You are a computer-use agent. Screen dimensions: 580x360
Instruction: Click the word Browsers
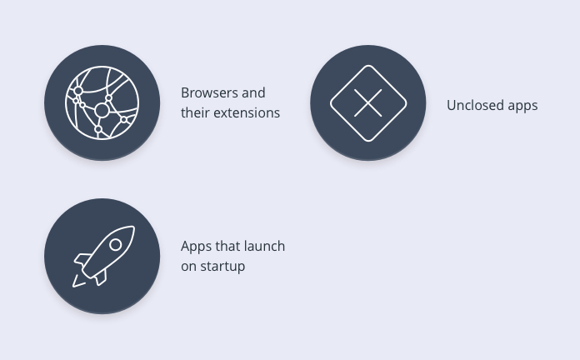210,92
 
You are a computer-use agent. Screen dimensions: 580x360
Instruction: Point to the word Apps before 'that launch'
196,247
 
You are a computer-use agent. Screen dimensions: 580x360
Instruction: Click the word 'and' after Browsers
253,92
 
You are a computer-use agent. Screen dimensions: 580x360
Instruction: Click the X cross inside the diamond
368,102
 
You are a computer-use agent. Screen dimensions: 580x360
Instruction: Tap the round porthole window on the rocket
115,244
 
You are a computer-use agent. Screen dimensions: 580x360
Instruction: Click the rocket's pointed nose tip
133,227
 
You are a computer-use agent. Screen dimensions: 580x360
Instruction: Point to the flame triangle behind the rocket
78,282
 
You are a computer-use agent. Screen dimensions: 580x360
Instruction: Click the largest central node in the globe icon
102,110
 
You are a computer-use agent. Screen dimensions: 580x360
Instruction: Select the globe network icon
102,102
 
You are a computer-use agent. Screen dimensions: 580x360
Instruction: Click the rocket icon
103,256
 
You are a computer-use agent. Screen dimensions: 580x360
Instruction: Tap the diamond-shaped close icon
368,102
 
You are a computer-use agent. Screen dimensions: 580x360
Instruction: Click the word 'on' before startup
188,267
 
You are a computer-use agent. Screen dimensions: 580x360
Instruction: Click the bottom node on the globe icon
98,129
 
